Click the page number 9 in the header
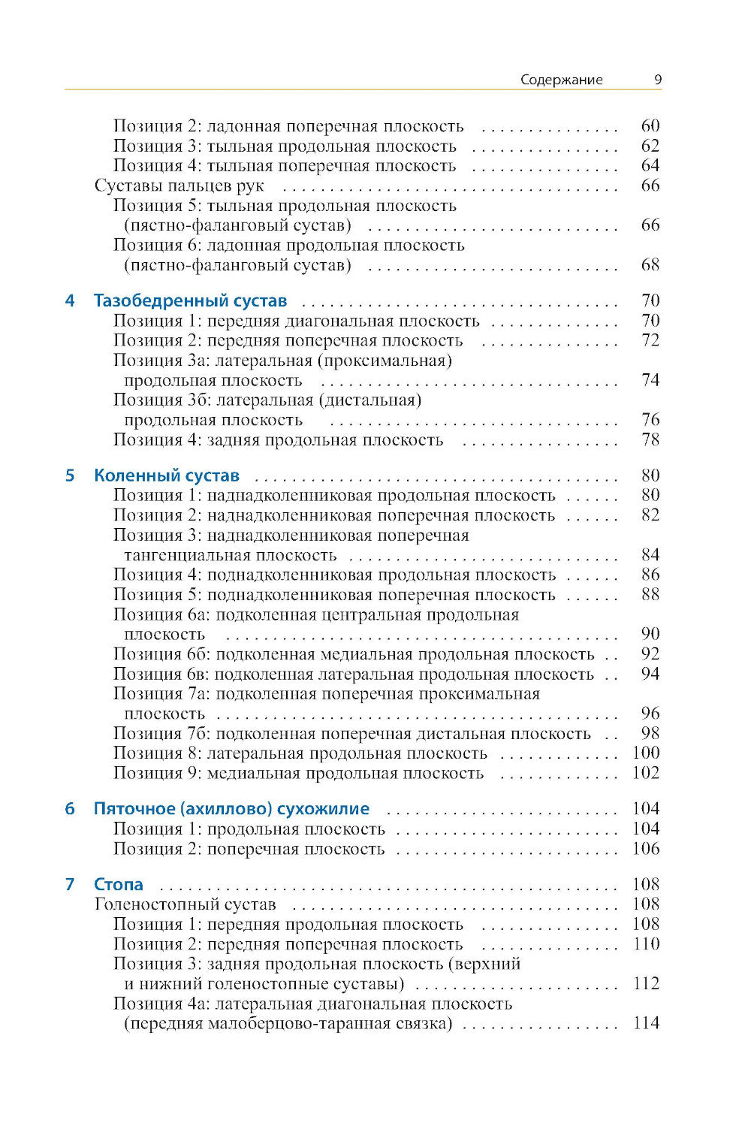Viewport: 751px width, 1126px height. coord(657,80)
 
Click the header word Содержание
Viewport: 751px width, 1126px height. coord(561,80)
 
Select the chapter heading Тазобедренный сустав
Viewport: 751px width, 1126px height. coord(190,301)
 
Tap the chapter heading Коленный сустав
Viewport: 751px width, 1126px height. coord(167,475)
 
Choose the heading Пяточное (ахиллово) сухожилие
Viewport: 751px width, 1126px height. coord(231,809)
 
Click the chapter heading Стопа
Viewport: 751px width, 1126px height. coord(118,884)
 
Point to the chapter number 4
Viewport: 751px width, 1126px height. coord(70,301)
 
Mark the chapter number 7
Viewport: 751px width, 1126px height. coord(70,884)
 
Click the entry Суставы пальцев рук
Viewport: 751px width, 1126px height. coord(179,186)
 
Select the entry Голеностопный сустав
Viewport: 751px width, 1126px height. coord(185,904)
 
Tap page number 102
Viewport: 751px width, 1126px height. coord(646,773)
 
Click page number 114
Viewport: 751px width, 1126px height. coord(646,1023)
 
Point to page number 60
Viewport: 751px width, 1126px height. coord(650,126)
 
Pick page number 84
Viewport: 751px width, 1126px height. coord(650,555)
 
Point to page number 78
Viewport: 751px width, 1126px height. coord(650,439)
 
